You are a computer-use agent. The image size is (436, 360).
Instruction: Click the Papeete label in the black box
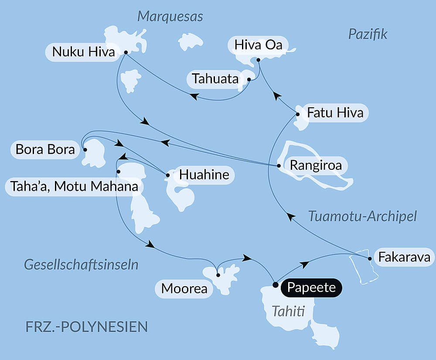click(x=311, y=288)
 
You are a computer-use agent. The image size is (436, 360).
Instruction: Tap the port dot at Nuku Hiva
click(x=126, y=52)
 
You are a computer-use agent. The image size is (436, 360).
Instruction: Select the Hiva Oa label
click(x=259, y=45)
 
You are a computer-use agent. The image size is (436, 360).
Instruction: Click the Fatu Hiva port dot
click(x=298, y=114)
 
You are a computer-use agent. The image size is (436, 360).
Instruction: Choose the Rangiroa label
click(x=313, y=166)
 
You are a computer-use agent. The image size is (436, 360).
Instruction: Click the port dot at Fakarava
click(x=370, y=259)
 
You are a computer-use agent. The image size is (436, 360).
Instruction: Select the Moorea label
click(x=184, y=288)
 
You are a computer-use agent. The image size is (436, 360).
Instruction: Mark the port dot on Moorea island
click(x=218, y=275)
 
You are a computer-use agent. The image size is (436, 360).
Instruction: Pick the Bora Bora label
click(x=45, y=149)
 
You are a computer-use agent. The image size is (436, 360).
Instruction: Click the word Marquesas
click(x=170, y=17)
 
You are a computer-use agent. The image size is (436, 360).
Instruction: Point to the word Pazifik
click(x=368, y=34)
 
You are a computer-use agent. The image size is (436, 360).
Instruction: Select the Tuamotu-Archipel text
click(x=362, y=216)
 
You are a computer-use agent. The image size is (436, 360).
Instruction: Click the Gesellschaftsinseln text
click(x=81, y=264)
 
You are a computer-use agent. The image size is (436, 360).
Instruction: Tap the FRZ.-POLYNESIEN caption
click(x=86, y=326)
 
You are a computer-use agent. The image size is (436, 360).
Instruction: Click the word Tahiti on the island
click(x=288, y=311)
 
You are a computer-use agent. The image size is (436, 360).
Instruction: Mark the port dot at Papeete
click(x=275, y=285)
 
